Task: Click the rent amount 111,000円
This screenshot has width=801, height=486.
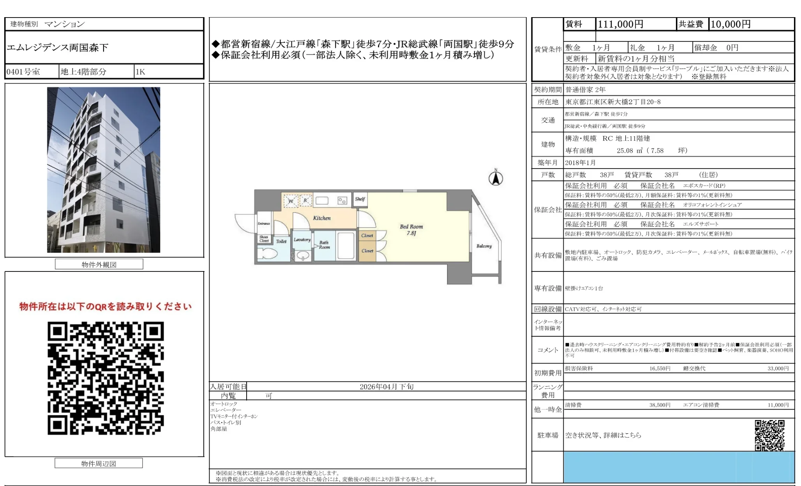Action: (620, 24)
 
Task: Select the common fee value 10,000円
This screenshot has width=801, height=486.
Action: (730, 24)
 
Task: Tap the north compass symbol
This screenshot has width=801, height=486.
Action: (496, 178)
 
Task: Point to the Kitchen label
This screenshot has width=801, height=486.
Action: (322, 218)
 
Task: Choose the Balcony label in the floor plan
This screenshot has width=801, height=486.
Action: (484, 246)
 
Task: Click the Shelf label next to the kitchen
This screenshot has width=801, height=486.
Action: (360, 199)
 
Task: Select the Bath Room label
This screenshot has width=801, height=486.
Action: (324, 245)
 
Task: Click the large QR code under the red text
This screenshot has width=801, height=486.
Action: (106, 378)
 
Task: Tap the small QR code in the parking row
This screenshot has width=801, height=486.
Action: (769, 435)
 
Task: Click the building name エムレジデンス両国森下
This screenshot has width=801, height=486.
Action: (58, 48)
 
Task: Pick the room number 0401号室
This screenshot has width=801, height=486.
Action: (23, 72)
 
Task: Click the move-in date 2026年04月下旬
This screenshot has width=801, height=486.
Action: (386, 387)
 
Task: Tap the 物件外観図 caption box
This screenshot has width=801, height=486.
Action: (99, 264)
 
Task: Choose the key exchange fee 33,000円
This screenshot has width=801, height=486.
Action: (778, 368)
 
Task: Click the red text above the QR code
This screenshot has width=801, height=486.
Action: (106, 307)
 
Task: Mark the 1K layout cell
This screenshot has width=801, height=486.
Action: (140, 72)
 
